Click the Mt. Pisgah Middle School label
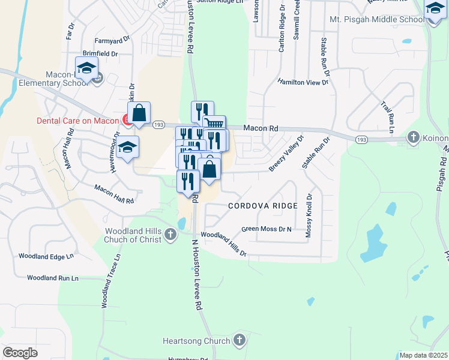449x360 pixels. pyautogui.click(x=377, y=20)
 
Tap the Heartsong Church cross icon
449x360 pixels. pyautogui.click(x=240, y=341)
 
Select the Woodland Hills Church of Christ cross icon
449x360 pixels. pyautogui.click(x=171, y=235)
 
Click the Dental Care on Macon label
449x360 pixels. pyautogui.click(x=79, y=121)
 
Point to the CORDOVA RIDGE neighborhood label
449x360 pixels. pyautogui.click(x=263, y=206)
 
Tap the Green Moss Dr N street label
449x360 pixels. pyautogui.click(x=266, y=229)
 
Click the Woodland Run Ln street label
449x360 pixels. pyautogui.click(x=53, y=278)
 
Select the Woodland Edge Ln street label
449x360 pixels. pyautogui.click(x=46, y=256)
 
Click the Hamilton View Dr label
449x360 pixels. pyautogui.click(x=303, y=82)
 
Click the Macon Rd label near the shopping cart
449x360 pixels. pyautogui.click(x=260, y=128)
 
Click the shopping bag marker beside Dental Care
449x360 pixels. pyautogui.click(x=139, y=113)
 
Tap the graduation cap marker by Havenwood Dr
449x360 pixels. pyautogui.click(x=127, y=147)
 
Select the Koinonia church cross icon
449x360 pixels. pyautogui.click(x=413, y=137)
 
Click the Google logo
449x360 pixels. pyautogui.click(x=20, y=353)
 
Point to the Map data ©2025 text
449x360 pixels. pyautogui.click(x=423, y=355)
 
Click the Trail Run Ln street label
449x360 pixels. pyautogui.click(x=387, y=117)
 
